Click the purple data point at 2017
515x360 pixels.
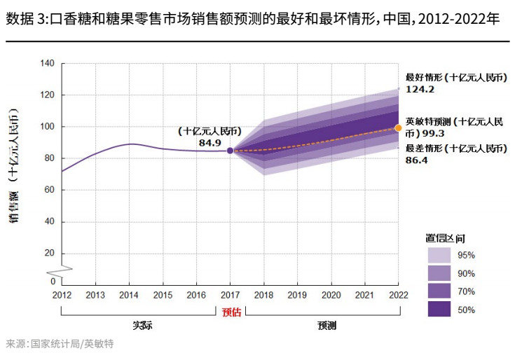[x=230, y=151]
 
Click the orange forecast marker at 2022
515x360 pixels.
[x=399, y=127]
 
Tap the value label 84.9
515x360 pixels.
[x=210, y=143]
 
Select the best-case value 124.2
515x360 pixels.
[x=420, y=90]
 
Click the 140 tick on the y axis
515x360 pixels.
[x=47, y=63]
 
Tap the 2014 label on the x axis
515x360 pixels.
[x=129, y=296]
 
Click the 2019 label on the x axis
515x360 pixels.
[x=297, y=296]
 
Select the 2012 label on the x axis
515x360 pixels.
[x=62, y=296]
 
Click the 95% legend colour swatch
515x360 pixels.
[x=439, y=255]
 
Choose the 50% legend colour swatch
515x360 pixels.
[x=439, y=309]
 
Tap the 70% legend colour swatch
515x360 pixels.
[x=439, y=291]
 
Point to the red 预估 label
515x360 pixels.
[x=231, y=312]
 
